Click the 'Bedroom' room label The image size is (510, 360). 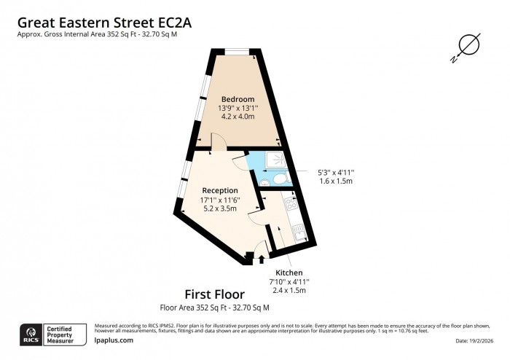pyautogui.click(x=238, y=99)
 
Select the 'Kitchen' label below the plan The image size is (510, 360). pyautogui.click(x=289, y=273)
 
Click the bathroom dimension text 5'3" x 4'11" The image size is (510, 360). pyautogui.click(x=335, y=172)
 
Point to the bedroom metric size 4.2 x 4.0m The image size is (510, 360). pyautogui.click(x=238, y=117)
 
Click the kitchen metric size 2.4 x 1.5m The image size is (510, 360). pyautogui.click(x=289, y=290)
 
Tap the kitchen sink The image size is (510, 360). pyautogui.click(x=299, y=232)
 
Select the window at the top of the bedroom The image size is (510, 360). pyautogui.click(x=238, y=51)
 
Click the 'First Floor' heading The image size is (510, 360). pyautogui.click(x=214, y=294)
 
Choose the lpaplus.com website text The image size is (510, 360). pyautogui.click(x=114, y=340)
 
